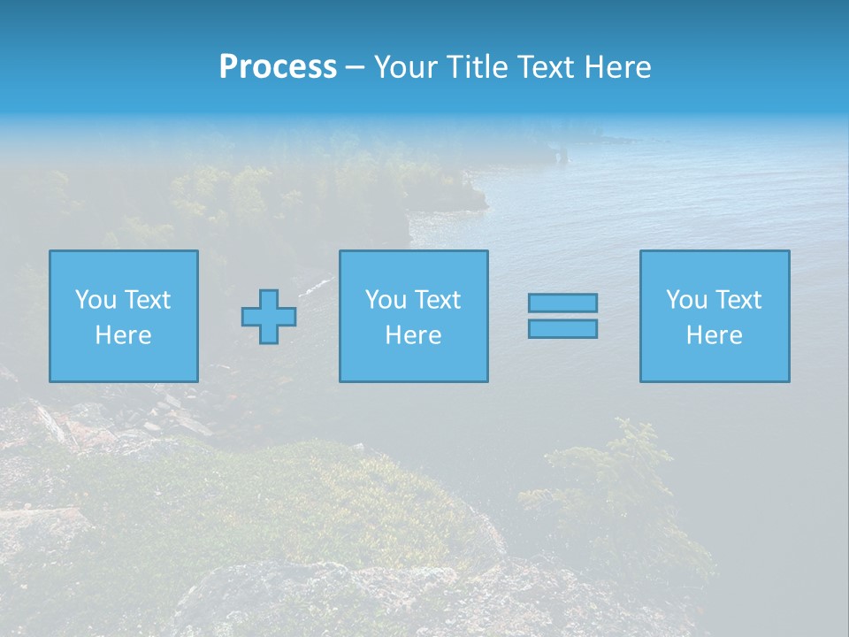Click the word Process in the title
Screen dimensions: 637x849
click(x=278, y=67)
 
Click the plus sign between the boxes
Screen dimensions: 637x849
click(x=269, y=316)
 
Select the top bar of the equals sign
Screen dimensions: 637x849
click(x=562, y=303)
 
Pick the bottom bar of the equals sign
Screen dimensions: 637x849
click(x=562, y=329)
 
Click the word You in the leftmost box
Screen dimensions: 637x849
click(x=96, y=300)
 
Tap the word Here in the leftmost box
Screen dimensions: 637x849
click(x=123, y=335)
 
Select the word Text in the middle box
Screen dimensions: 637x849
click(x=438, y=300)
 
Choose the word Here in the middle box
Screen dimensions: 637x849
click(x=413, y=335)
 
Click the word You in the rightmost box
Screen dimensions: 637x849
click(x=686, y=300)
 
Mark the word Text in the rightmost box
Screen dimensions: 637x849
click(x=738, y=300)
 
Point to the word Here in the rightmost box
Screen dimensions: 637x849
click(x=714, y=335)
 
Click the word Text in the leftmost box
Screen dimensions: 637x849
click(x=148, y=300)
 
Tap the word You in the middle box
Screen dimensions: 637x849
click(x=386, y=300)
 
